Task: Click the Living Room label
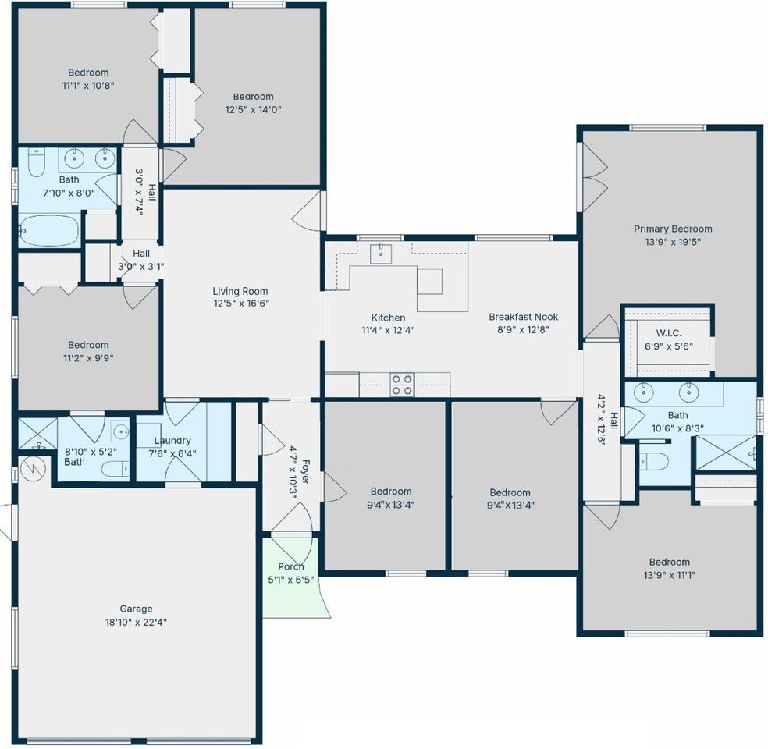(x=240, y=291)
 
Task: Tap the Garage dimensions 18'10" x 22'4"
(x=136, y=622)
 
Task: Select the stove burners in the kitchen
(x=402, y=385)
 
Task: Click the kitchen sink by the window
(x=381, y=254)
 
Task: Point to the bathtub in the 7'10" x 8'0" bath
(x=48, y=231)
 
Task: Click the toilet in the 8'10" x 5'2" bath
(x=116, y=470)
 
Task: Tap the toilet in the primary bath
(x=654, y=461)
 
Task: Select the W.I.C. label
(x=669, y=333)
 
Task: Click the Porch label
(x=291, y=566)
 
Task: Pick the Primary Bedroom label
(x=673, y=229)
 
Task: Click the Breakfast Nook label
(x=523, y=317)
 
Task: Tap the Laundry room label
(x=172, y=441)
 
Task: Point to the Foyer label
(x=305, y=472)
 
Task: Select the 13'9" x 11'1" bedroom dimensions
(x=669, y=575)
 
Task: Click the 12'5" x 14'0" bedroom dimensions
(x=253, y=110)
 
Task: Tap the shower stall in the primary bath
(x=726, y=453)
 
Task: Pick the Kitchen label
(x=388, y=318)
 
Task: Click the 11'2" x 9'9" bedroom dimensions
(x=88, y=358)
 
